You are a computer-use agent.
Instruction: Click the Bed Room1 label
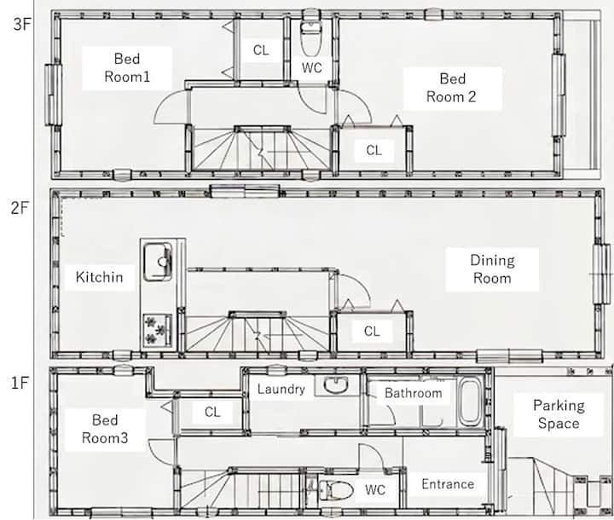click(127, 67)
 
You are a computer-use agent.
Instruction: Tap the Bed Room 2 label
click(451, 88)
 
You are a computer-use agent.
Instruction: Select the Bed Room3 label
click(105, 429)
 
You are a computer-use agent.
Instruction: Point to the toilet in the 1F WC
click(336, 490)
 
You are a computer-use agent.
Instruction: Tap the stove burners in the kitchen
click(158, 331)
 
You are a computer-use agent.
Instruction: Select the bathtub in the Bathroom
click(471, 402)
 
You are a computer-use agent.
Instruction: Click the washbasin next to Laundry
click(336, 384)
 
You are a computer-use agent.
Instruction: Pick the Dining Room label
click(492, 269)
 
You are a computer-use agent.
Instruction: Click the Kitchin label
click(100, 277)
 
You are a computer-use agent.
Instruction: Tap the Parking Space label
click(559, 414)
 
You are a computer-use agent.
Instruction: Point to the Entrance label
click(448, 484)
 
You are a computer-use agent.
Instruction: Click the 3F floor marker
click(21, 24)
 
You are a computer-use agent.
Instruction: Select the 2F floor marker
click(20, 207)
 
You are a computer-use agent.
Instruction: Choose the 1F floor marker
click(20, 383)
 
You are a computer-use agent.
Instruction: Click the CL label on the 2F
click(372, 332)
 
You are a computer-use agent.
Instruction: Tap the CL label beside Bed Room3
click(212, 412)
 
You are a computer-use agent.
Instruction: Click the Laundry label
click(281, 390)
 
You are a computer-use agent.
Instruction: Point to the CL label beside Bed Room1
click(261, 50)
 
